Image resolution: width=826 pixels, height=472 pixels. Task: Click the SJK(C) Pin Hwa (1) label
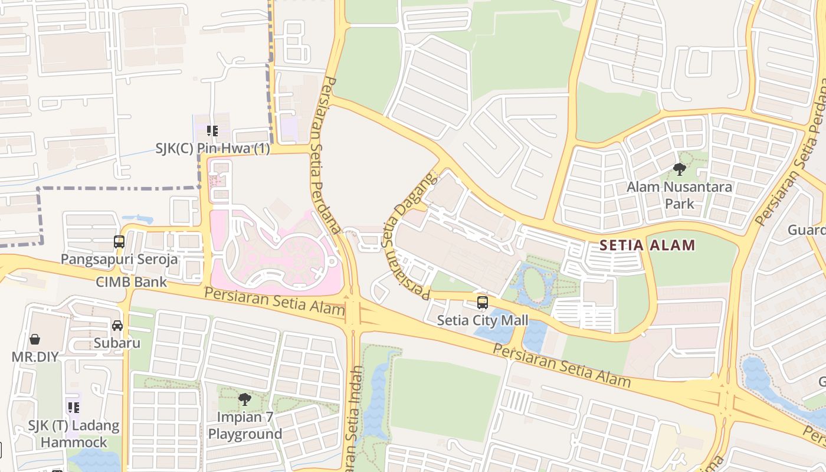point(212,149)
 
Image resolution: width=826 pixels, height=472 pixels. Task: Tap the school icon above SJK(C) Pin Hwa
point(212,131)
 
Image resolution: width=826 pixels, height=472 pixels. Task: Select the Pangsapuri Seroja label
point(119,260)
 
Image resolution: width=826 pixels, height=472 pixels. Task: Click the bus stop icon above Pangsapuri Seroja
point(119,242)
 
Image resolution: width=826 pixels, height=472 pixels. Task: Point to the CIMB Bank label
point(132,282)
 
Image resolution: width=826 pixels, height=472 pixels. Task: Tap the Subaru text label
point(117,343)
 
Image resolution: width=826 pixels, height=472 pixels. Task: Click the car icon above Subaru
point(117,326)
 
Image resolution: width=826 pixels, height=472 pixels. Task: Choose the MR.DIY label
point(35,357)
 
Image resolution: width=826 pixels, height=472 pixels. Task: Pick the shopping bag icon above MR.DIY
point(35,340)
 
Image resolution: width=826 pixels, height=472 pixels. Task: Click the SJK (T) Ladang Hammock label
point(74,434)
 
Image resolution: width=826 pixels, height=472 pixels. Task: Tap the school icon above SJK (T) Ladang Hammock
point(73,407)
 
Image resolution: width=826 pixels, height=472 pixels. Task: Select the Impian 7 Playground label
point(245,425)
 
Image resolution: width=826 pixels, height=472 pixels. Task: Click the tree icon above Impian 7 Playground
point(244,399)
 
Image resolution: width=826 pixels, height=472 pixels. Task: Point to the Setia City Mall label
point(483,320)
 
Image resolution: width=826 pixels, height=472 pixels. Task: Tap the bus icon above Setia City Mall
point(483,303)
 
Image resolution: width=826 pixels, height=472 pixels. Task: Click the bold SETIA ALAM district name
point(647,245)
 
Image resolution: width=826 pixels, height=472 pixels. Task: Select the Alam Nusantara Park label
point(679,195)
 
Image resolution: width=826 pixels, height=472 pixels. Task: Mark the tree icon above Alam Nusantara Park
point(680,170)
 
